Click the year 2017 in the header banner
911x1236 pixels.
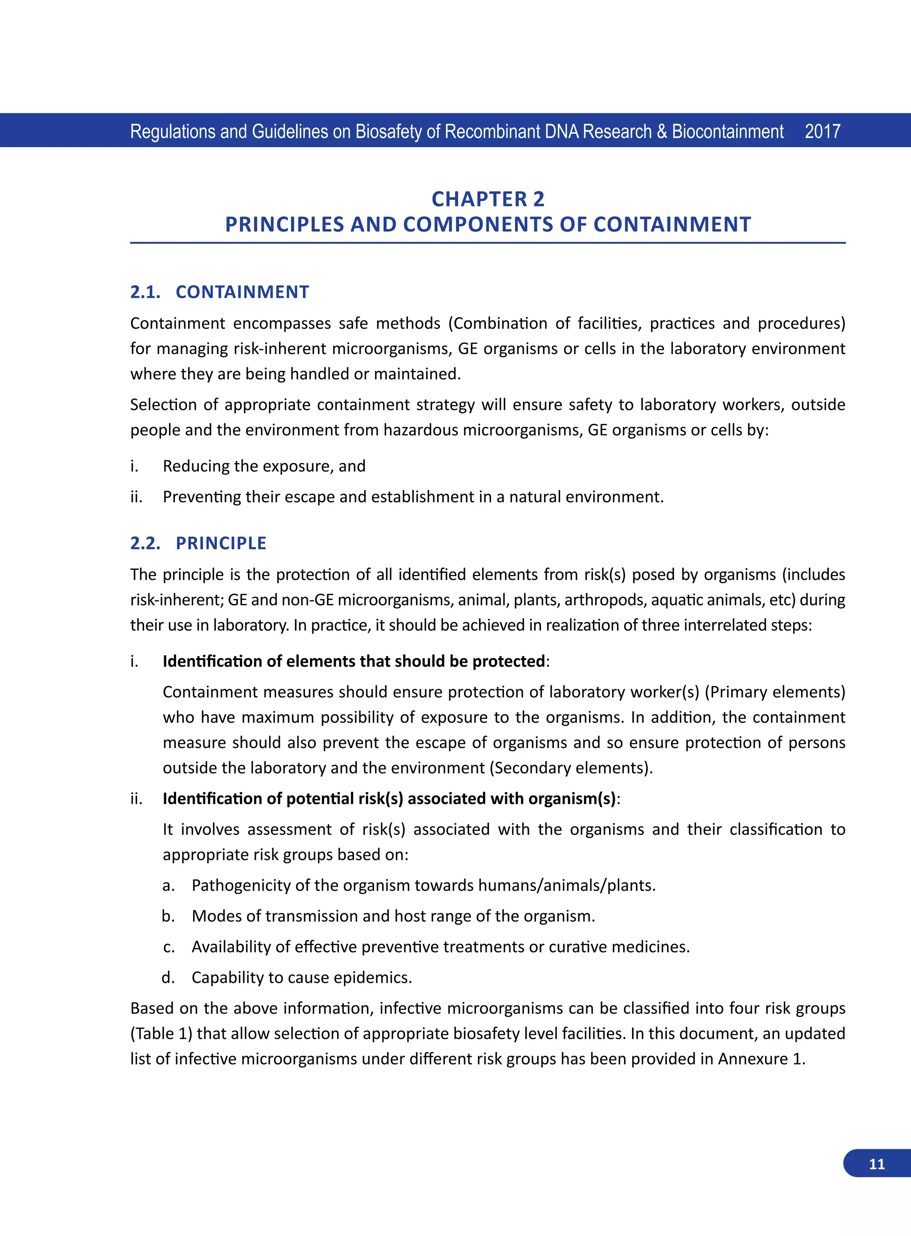pyautogui.click(x=822, y=132)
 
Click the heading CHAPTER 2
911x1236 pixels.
pyautogui.click(x=488, y=199)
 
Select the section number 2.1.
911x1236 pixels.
pyautogui.click(x=145, y=292)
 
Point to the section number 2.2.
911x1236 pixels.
pyautogui.click(x=145, y=544)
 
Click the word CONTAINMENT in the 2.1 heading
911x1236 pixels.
pyautogui.click(x=242, y=292)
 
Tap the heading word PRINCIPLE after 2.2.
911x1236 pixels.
pyautogui.click(x=221, y=544)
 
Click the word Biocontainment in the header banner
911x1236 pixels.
pyautogui.click(x=727, y=132)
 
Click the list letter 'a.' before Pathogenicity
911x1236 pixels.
pyautogui.click(x=169, y=886)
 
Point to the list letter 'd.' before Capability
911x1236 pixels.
pyautogui.click(x=168, y=978)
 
